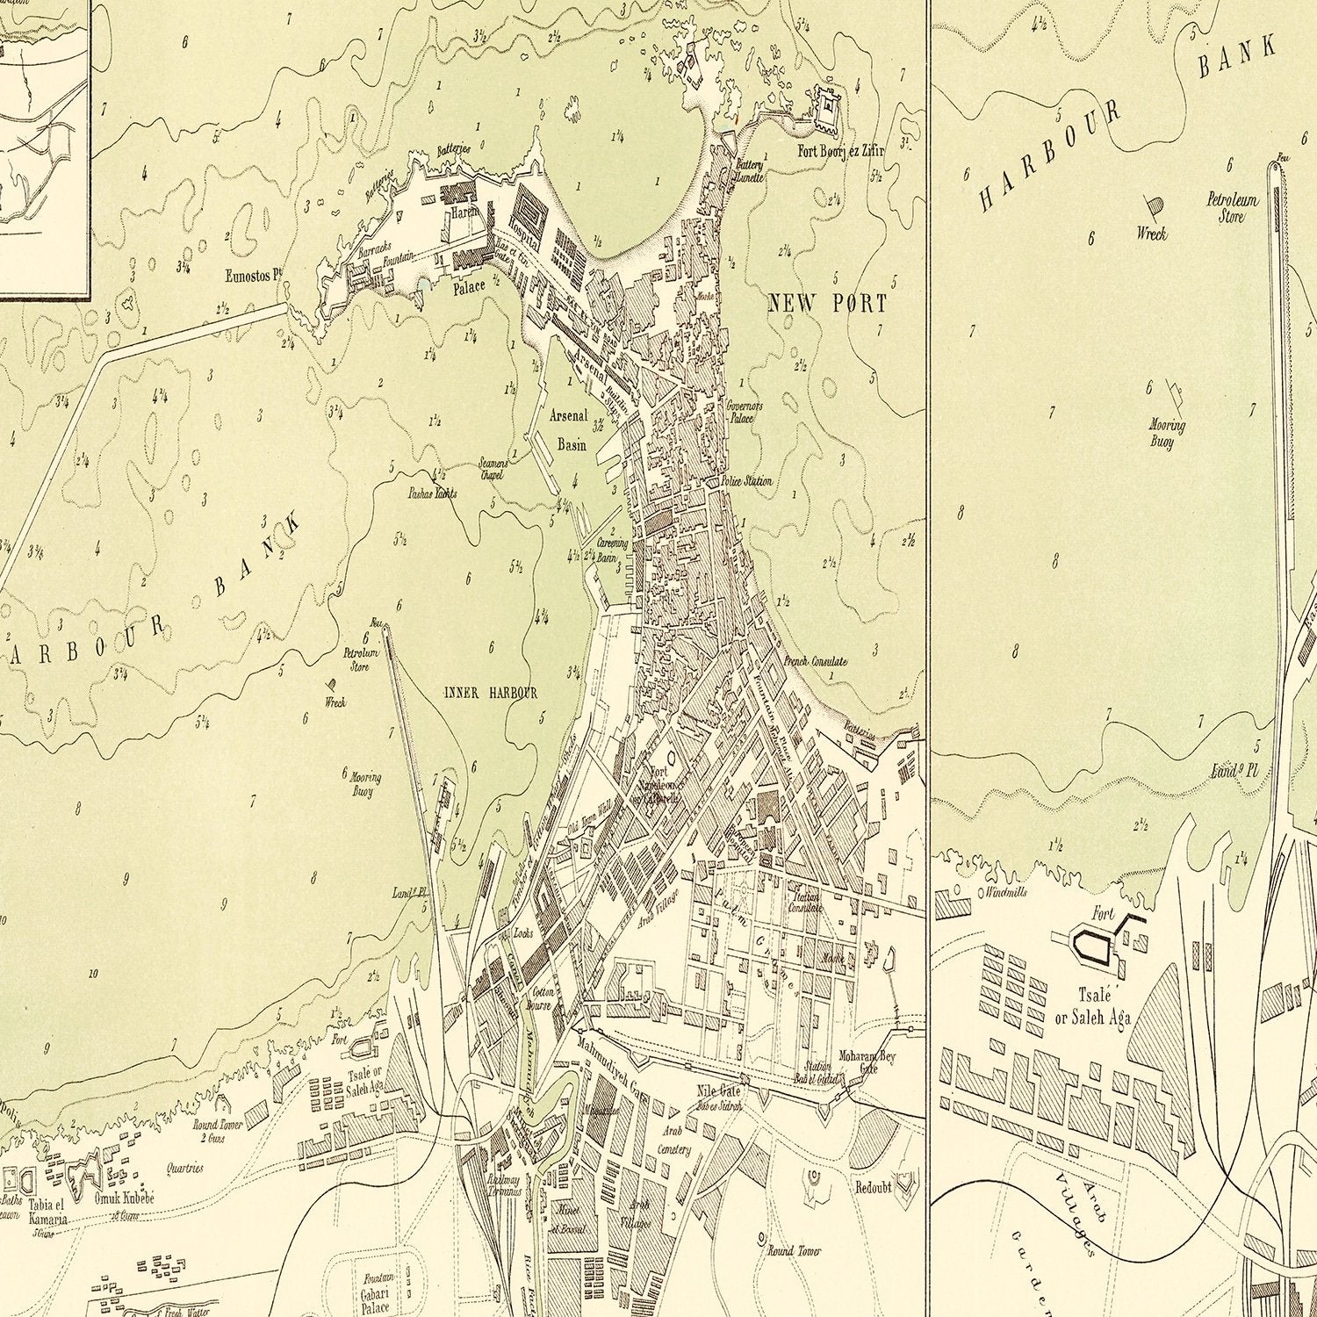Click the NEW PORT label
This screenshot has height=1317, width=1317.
(827, 304)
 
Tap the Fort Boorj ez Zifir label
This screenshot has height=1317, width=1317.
(840, 151)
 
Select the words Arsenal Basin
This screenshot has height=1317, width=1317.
(569, 430)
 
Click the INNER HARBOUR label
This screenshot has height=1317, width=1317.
(490, 694)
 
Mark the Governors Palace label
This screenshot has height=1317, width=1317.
(745, 412)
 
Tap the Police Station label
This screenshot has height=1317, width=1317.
(746, 481)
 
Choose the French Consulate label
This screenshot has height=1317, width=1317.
(815, 661)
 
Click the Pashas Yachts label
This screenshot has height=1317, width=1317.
(432, 493)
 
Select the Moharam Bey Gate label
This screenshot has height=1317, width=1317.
(867, 1062)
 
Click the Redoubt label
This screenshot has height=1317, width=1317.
(873, 1187)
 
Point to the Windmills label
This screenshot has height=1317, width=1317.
(1006, 892)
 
